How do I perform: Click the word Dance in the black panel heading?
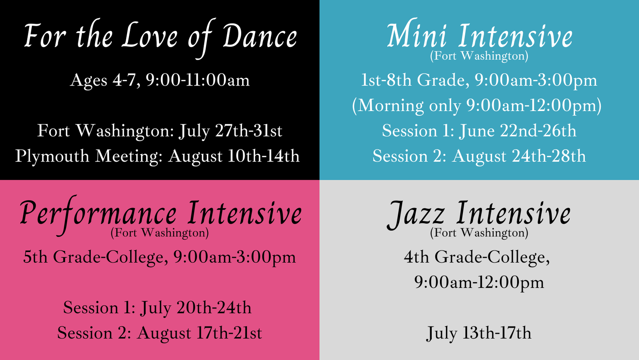(260, 37)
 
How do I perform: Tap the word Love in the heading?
(150, 37)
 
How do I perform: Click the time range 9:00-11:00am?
(198, 80)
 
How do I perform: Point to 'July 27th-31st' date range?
(230, 131)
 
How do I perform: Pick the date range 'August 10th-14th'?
(234, 156)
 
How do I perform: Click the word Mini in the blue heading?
(417, 37)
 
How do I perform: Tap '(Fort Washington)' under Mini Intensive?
(479, 56)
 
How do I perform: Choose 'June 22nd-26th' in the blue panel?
(518, 131)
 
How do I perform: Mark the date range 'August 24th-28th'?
(519, 156)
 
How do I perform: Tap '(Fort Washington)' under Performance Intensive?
(159, 233)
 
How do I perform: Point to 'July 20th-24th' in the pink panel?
(196, 308)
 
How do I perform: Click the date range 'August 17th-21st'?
(199, 333)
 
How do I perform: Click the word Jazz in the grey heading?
(415, 214)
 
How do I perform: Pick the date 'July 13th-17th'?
(479, 333)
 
